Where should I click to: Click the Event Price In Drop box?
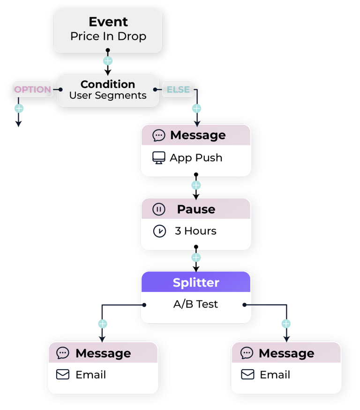pos(108,30)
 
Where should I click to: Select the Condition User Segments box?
pos(108,89)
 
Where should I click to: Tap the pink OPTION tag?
pos(32,89)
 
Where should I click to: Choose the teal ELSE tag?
pos(178,89)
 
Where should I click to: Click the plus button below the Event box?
pos(108,61)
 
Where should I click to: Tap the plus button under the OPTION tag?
pos(19,109)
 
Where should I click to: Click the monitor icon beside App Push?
pos(159,158)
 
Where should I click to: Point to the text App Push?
pos(196,158)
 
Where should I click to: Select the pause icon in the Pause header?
pos(159,209)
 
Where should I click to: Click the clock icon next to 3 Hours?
pos(159,231)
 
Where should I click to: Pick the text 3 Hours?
pos(195,231)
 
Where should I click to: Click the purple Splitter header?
pos(196,283)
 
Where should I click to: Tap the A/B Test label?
pos(195,304)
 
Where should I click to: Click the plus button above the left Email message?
pos(103,324)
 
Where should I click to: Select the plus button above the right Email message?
pos(286,324)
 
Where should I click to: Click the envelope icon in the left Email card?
pos(63,375)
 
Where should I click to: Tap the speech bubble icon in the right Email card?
pos(247,353)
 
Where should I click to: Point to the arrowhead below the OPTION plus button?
pos(18,124)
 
